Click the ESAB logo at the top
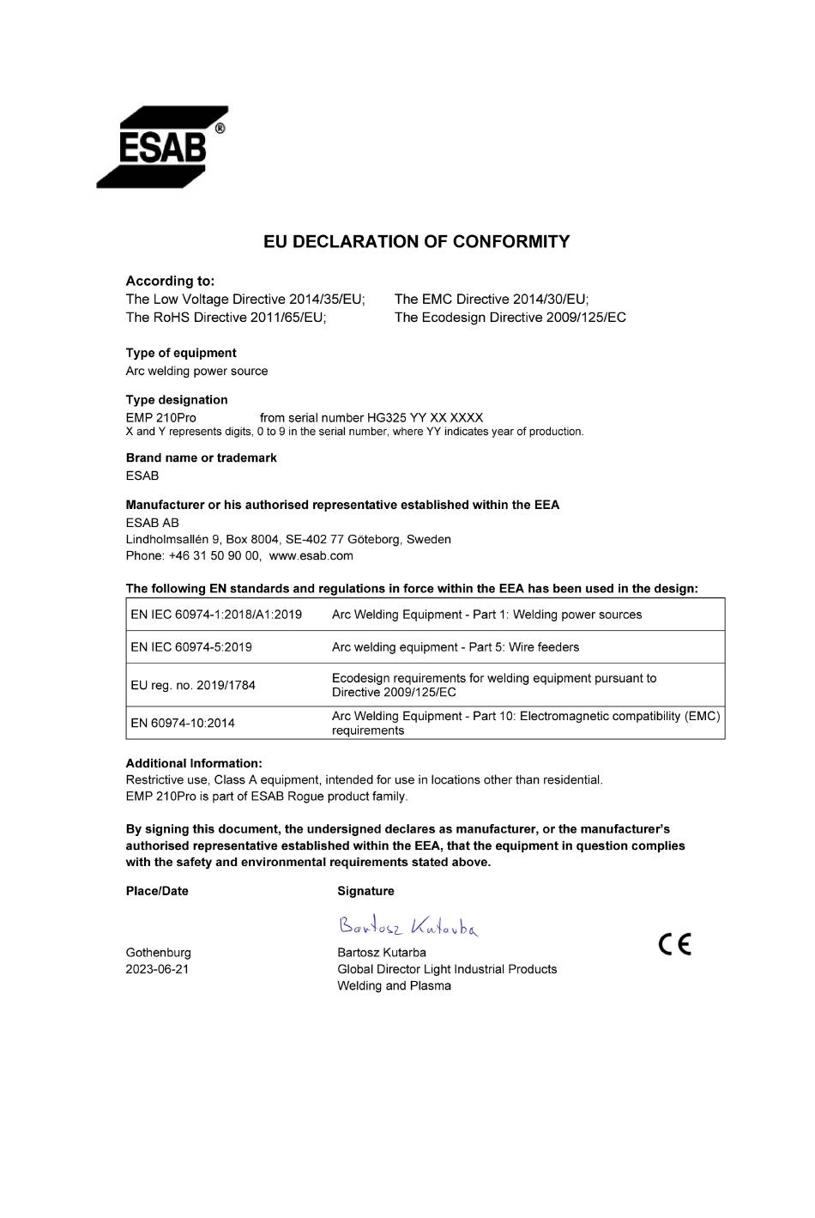click(161, 147)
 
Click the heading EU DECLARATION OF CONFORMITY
click(416, 242)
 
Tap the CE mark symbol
click(674, 944)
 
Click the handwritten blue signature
click(408, 925)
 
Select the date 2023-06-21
click(157, 969)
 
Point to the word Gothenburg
click(158, 953)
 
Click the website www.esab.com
click(311, 555)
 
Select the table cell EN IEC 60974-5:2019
click(191, 647)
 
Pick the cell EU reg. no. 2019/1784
click(193, 685)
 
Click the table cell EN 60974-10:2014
click(183, 723)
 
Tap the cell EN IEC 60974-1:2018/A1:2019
click(216, 615)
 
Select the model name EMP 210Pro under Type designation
click(160, 418)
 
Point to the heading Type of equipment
click(181, 353)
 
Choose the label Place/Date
click(157, 891)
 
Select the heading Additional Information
click(194, 763)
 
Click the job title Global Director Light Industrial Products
click(447, 969)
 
